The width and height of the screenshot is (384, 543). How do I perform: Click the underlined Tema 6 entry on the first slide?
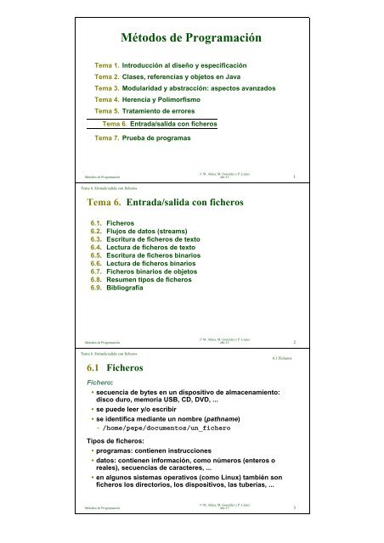point(159,124)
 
